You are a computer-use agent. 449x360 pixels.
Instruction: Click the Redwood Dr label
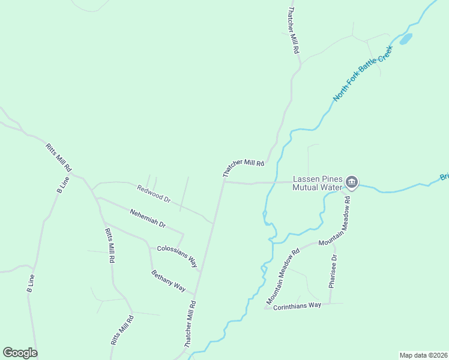[154, 193]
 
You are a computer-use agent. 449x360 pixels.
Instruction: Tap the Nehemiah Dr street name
[148, 217]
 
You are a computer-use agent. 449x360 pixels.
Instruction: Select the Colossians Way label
[177, 256]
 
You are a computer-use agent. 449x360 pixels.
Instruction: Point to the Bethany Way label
[168, 281]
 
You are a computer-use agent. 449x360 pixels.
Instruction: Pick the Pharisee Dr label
[334, 271]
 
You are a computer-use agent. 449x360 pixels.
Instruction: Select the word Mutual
[307, 187]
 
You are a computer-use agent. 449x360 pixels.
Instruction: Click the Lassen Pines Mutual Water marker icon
[352, 182]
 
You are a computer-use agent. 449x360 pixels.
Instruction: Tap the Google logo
[20, 353]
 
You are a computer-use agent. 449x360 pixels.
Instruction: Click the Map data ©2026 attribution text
[423, 355]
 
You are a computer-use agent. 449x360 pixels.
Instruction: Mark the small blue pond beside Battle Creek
[406, 39]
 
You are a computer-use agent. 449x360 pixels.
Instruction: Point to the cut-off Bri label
[444, 176]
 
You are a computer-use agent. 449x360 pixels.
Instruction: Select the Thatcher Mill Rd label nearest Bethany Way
[190, 325]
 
